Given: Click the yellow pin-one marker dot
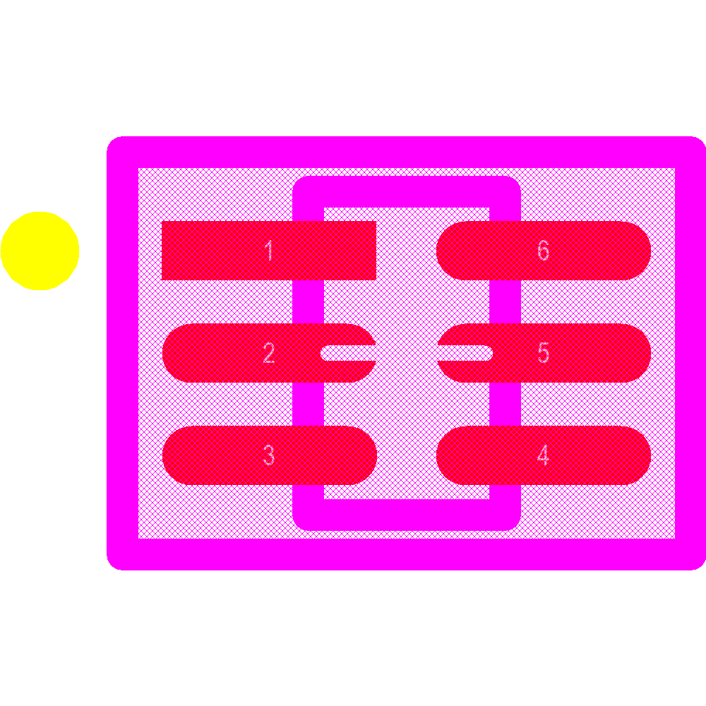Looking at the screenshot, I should (x=40, y=251).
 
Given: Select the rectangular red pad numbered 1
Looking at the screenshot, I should (x=212, y=251).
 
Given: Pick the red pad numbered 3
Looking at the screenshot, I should (x=212, y=455).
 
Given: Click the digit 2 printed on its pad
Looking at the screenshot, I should (x=269, y=353).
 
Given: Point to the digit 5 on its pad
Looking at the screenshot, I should (x=543, y=353).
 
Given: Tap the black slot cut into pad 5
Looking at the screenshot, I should (x=466, y=353).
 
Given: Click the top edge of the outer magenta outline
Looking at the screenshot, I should (x=406, y=152).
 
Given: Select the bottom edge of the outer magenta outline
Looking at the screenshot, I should (x=406, y=554).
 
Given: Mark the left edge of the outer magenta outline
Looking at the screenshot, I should (x=122, y=353).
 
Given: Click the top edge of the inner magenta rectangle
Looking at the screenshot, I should (x=406, y=192).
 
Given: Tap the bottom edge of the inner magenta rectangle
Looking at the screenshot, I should (x=406, y=515).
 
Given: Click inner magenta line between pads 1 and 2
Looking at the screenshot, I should (x=309, y=301).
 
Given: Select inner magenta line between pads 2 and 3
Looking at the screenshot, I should (x=309, y=404).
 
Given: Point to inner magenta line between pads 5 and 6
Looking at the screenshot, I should (x=505, y=301).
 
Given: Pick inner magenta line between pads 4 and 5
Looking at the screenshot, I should (x=505, y=404).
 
